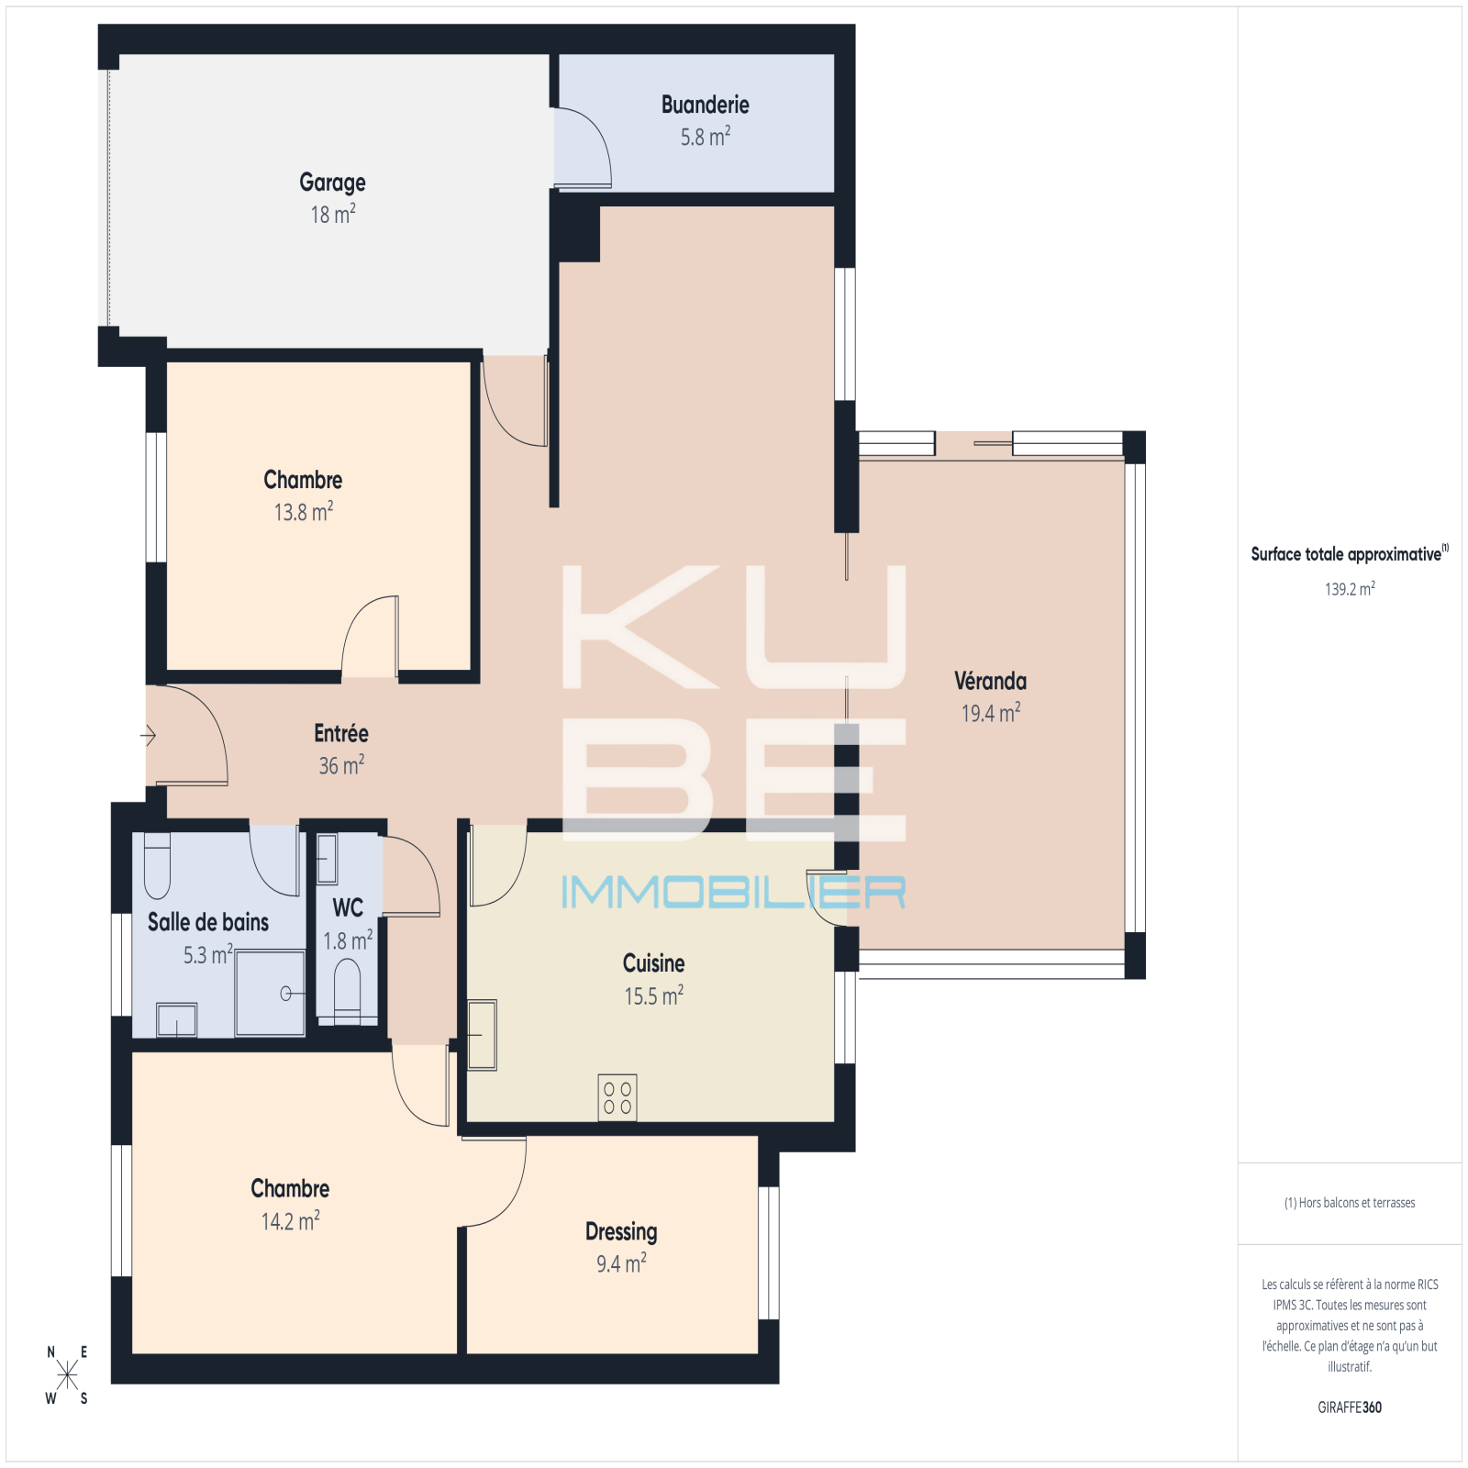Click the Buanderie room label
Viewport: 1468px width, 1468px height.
[705, 106]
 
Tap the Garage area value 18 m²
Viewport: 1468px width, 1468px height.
[333, 215]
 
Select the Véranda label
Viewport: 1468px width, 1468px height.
[990, 681]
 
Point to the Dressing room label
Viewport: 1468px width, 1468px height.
[621, 1232]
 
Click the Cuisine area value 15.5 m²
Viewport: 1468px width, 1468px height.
[654, 995]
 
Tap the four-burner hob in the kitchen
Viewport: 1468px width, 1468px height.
[617, 1097]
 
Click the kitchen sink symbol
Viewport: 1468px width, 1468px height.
[482, 1035]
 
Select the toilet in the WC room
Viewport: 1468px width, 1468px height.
[347, 990]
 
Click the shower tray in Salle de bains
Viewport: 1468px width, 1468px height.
[270, 993]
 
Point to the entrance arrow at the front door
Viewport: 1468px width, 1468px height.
[148, 735]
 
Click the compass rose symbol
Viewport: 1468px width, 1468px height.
[67, 1374]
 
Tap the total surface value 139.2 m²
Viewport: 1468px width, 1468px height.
[1350, 589]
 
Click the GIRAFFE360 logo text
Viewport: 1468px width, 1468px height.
[1350, 1407]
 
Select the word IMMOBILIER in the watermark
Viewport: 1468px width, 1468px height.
[733, 892]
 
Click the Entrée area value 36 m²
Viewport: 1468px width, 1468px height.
[341, 765]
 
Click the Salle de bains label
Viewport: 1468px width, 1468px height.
[208, 922]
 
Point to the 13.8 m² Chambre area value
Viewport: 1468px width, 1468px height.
[304, 511]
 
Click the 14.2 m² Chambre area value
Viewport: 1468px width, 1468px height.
[291, 1221]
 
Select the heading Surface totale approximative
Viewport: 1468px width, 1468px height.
[1346, 554]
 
